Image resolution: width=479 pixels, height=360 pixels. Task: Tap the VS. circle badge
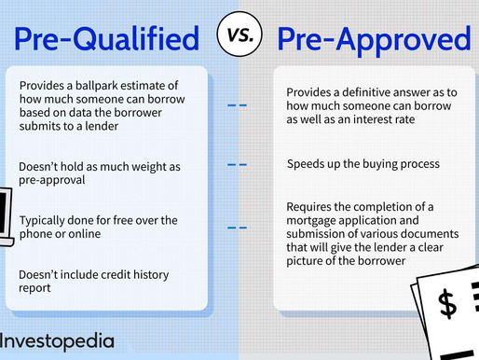click(239, 37)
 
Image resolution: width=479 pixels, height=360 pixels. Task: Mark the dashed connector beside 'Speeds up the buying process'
click(239, 165)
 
